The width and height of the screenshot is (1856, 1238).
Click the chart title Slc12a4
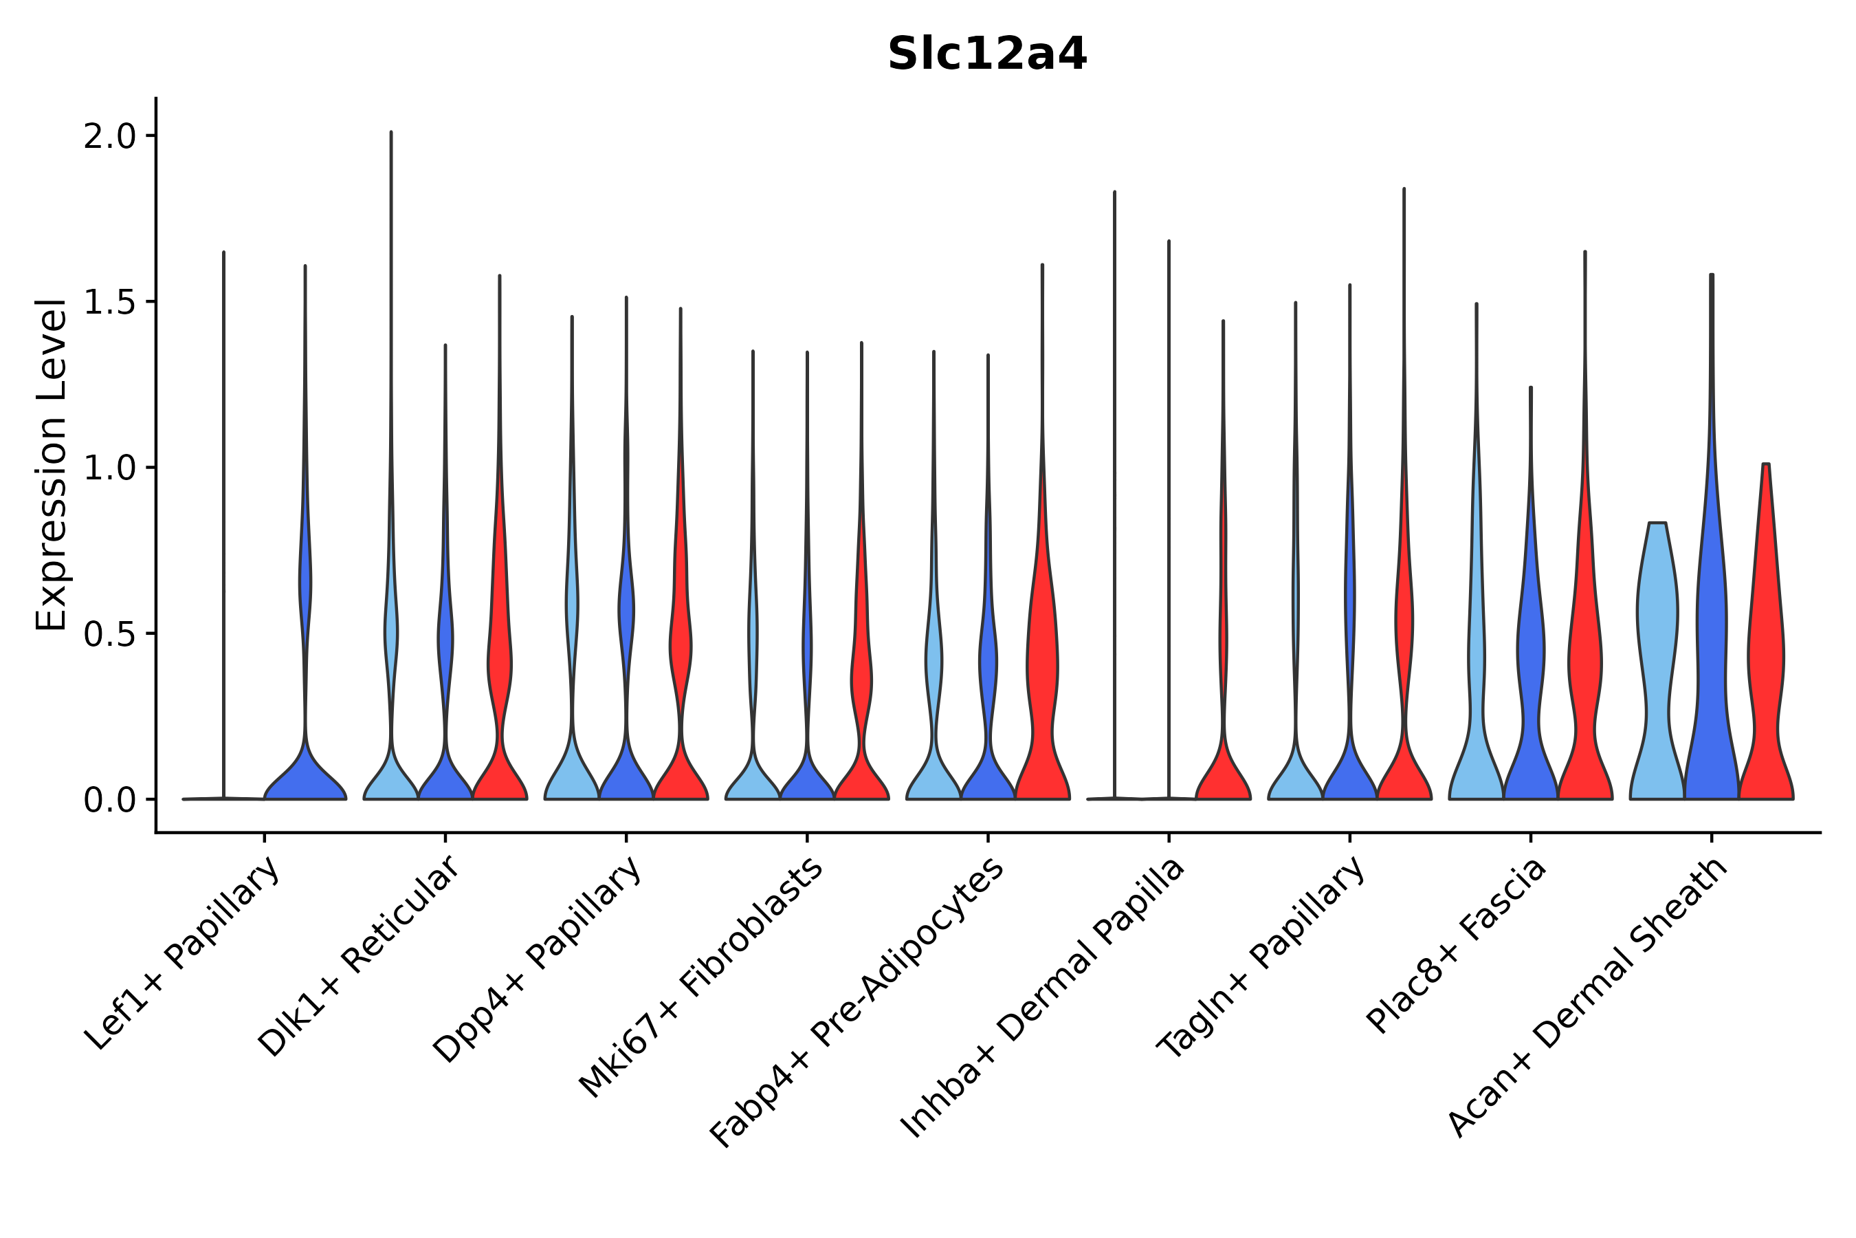[986, 54]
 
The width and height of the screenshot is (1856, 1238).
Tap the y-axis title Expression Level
[52, 464]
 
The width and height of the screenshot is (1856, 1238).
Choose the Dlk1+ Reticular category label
[359, 956]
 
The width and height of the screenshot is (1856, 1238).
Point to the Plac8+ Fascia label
[1457, 945]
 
